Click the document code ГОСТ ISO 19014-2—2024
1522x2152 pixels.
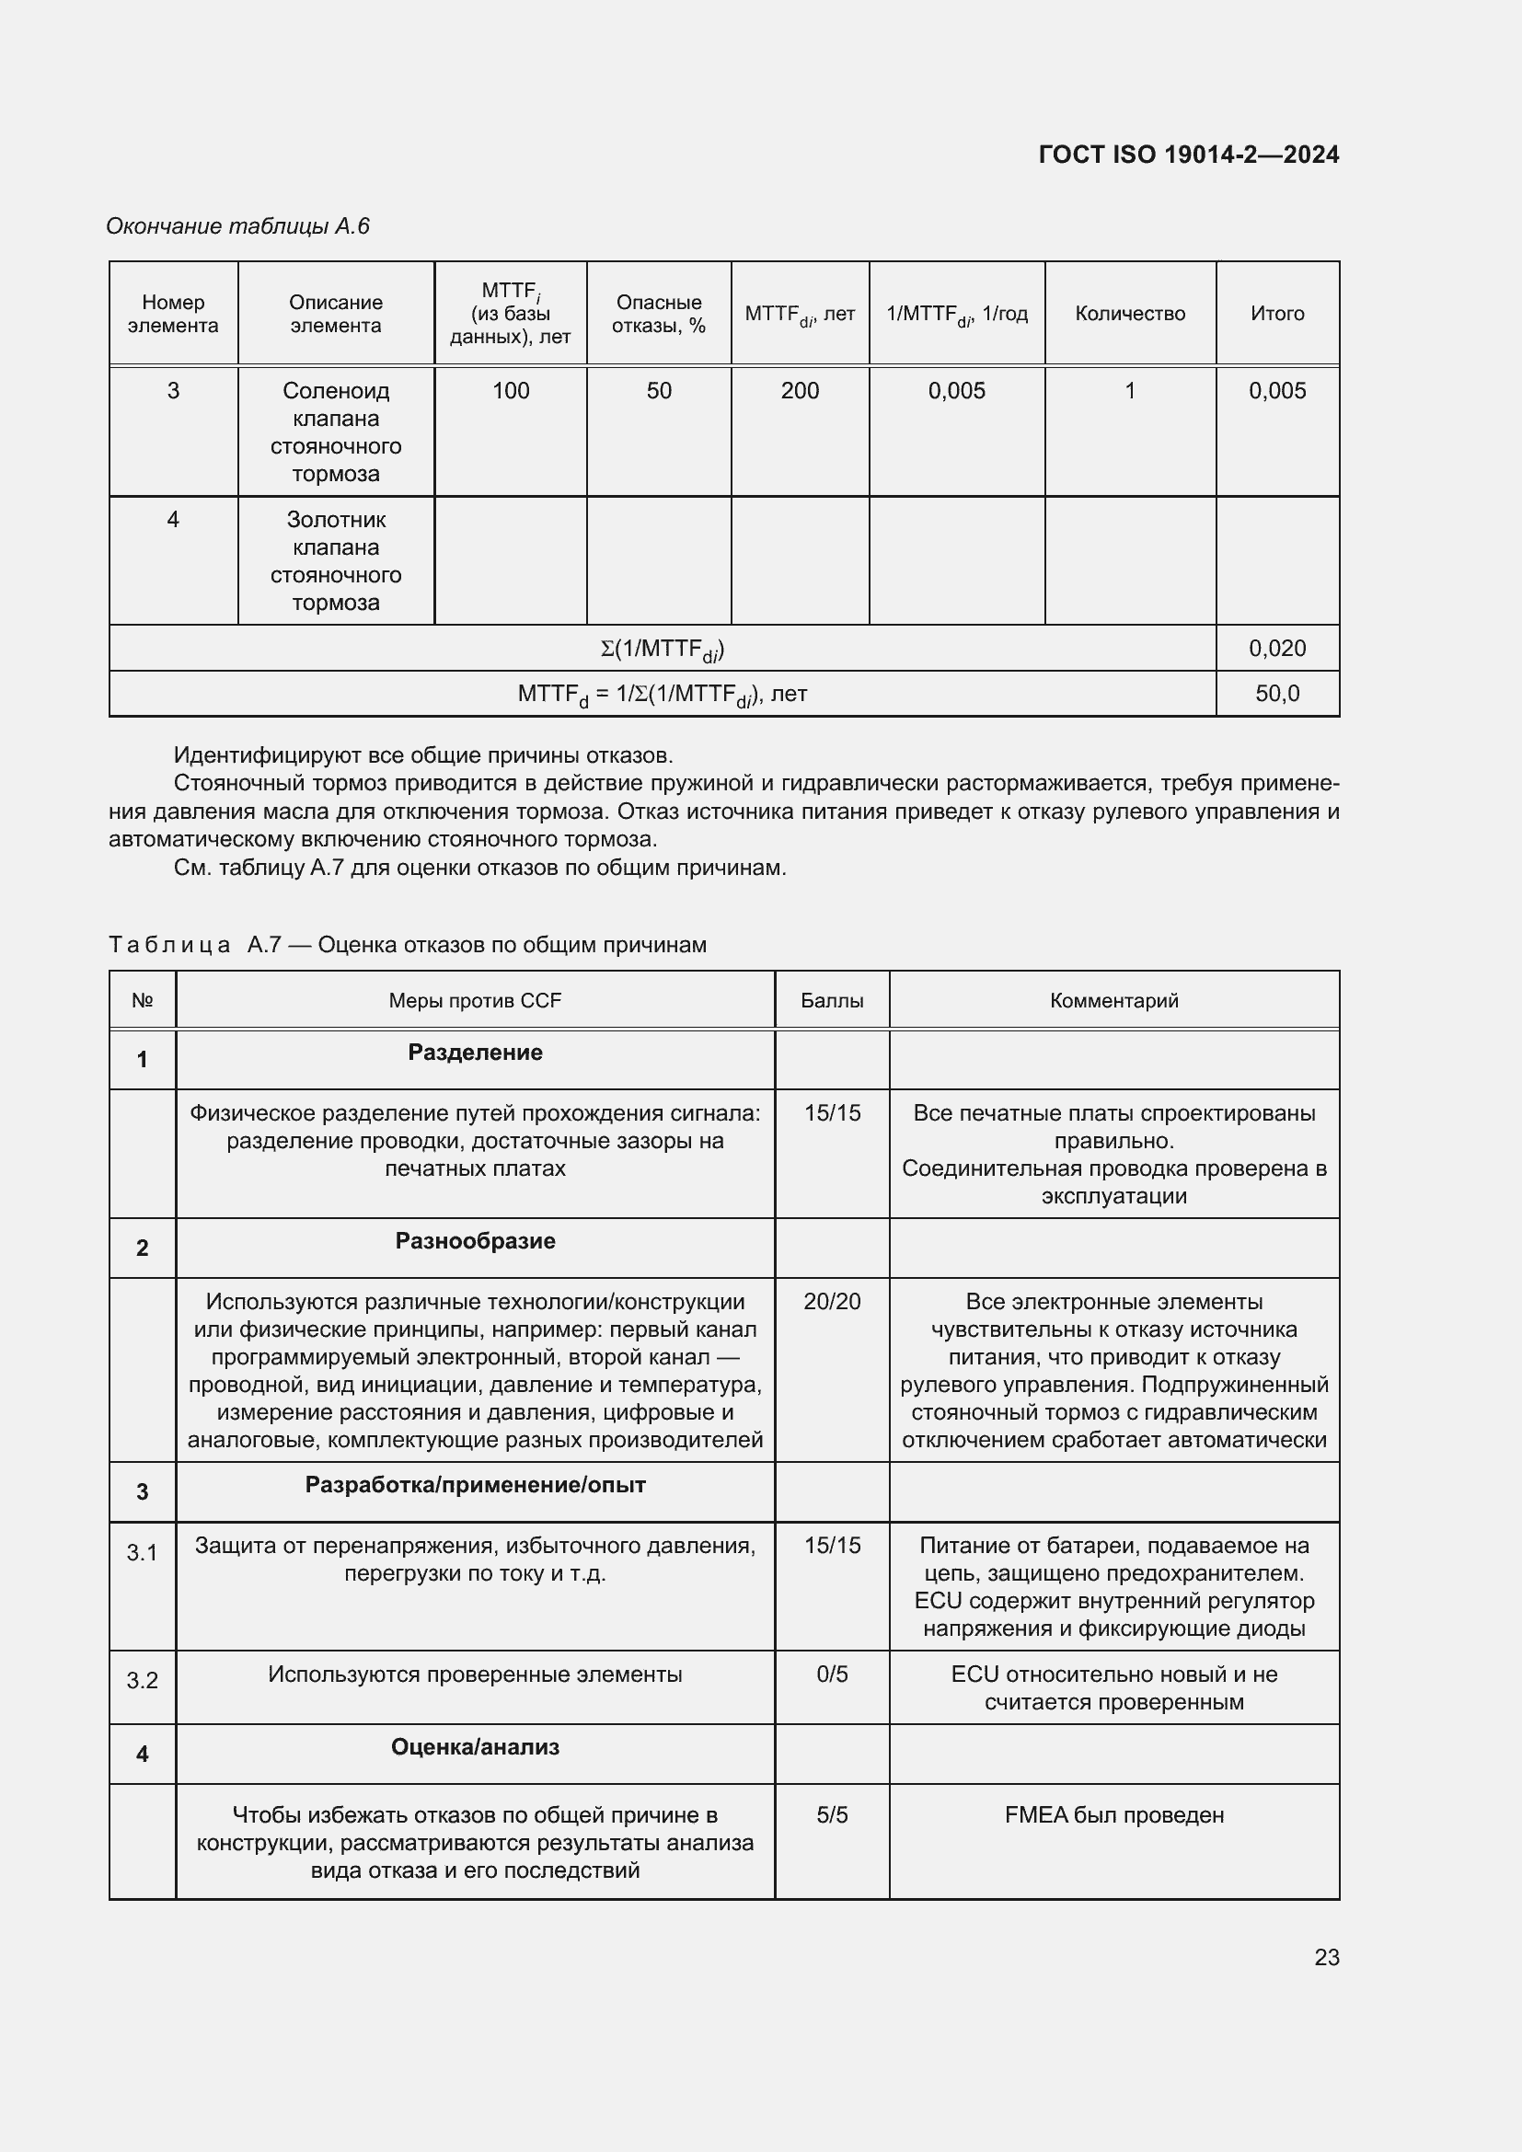[x=1188, y=155]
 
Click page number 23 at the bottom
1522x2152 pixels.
[x=1326, y=1957]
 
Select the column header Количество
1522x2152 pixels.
[x=1129, y=313]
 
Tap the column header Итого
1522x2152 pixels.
[x=1276, y=313]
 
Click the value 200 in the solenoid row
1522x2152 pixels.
[x=800, y=391]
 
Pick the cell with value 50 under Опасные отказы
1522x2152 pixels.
[x=659, y=391]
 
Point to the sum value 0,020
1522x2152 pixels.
[x=1276, y=648]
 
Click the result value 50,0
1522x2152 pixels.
[x=1276, y=694]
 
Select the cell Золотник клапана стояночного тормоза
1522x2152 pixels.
[x=336, y=560]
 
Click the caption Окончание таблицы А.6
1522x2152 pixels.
[x=238, y=226]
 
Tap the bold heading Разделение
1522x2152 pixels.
[x=475, y=1053]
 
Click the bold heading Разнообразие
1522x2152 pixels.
[x=475, y=1241]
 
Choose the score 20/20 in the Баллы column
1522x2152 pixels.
[x=831, y=1301]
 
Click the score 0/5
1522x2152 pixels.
[x=831, y=1674]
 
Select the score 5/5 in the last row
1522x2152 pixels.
[x=831, y=1814]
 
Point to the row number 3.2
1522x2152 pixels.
[x=143, y=1681]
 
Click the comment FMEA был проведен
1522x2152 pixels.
[x=1113, y=1814]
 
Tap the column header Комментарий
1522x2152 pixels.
[x=1113, y=1000]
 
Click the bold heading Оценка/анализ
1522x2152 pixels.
[x=475, y=1747]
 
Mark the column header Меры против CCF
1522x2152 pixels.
[x=475, y=1000]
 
